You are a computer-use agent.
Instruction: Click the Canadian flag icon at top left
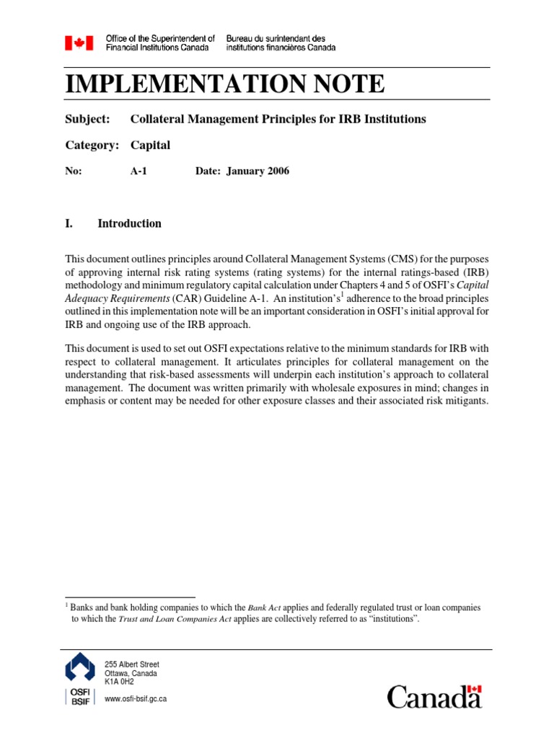79,43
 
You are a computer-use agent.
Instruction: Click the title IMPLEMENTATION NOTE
224,84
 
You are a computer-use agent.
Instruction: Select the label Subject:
87,118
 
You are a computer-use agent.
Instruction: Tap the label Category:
92,145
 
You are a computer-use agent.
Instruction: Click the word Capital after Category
150,145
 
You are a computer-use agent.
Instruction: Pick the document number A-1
138,172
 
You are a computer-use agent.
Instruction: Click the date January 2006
258,172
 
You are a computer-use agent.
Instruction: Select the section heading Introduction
129,223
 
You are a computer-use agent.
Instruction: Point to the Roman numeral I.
69,223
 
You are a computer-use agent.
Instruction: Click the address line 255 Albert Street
132,664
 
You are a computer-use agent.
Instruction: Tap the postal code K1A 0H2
119,681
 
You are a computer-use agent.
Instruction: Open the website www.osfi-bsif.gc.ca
136,699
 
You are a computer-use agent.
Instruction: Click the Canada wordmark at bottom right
434,696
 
